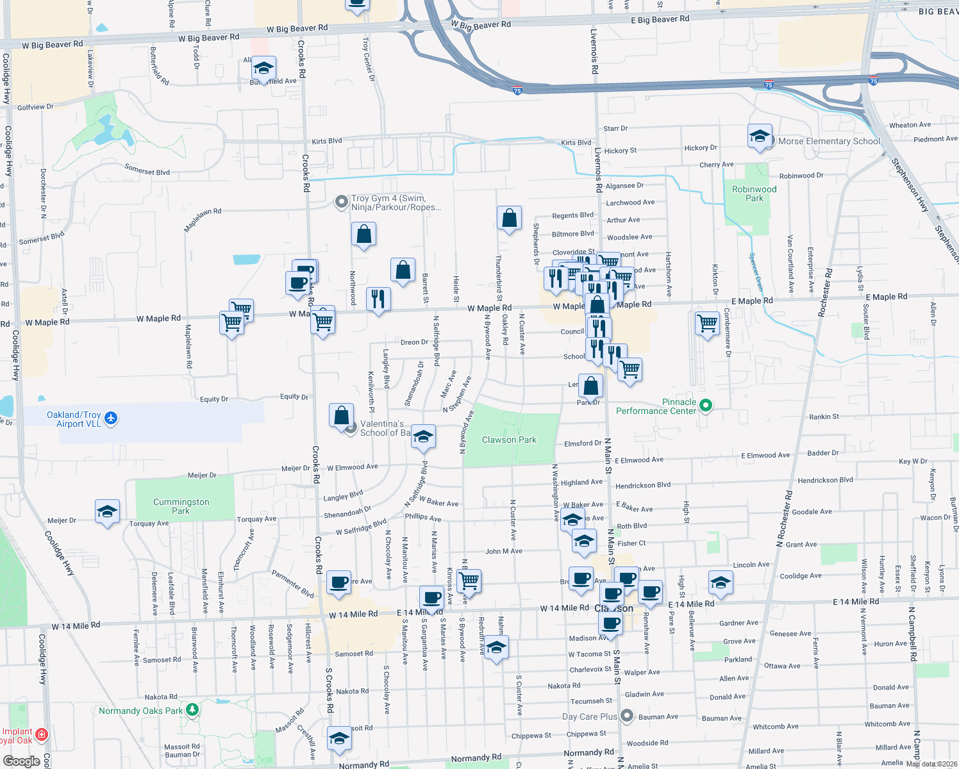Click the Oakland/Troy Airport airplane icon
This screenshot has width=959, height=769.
point(111,418)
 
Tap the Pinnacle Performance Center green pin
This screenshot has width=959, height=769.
point(706,406)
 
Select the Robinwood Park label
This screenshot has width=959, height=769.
point(754,194)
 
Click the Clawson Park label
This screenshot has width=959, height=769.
point(509,440)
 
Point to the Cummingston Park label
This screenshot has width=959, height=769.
point(181,506)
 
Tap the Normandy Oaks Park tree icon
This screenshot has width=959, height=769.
point(192,710)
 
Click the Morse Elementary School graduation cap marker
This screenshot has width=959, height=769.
point(760,136)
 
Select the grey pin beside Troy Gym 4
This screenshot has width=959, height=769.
point(342,203)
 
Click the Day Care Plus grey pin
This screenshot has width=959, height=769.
point(627,716)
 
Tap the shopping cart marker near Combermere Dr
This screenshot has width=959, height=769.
point(707,323)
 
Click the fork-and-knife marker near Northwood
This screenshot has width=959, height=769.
point(378,299)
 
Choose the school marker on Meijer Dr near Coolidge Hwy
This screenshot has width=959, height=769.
point(107,512)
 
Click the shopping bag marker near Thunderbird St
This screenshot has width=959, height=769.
point(509,219)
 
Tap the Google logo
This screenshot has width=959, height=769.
point(21,761)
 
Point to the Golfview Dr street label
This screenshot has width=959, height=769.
point(35,107)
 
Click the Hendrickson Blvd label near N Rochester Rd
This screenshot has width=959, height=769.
point(826,480)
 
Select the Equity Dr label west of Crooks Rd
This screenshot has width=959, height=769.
point(214,399)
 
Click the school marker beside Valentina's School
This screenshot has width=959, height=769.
point(423,437)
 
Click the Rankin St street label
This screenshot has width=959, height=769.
point(824,417)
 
